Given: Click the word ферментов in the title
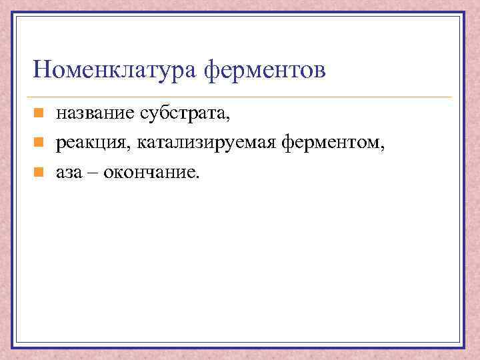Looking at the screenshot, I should click(x=265, y=69).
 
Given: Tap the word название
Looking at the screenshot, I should click(x=95, y=114).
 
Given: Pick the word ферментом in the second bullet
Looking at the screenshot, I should click(x=332, y=143).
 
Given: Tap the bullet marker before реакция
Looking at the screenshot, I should click(x=39, y=142).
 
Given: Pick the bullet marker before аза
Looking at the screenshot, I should click(x=39, y=172).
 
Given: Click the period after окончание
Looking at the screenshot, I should click(x=197, y=176).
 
